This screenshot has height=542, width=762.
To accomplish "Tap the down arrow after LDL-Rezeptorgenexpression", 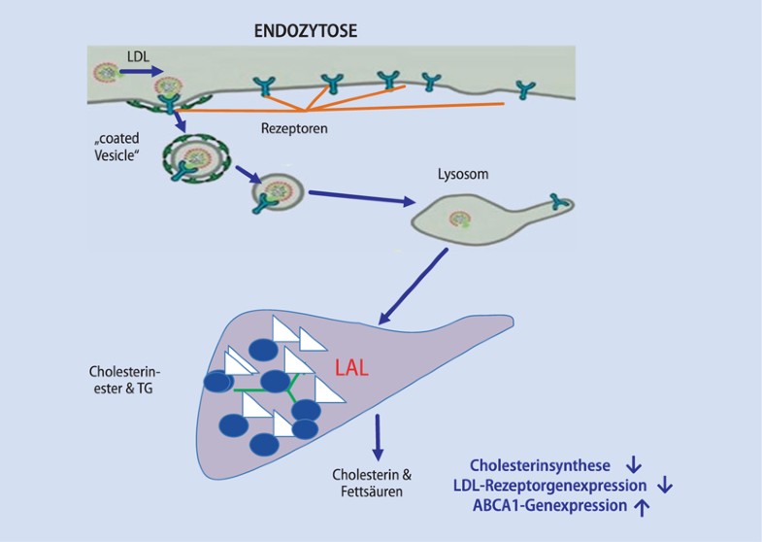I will pos(665,486).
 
